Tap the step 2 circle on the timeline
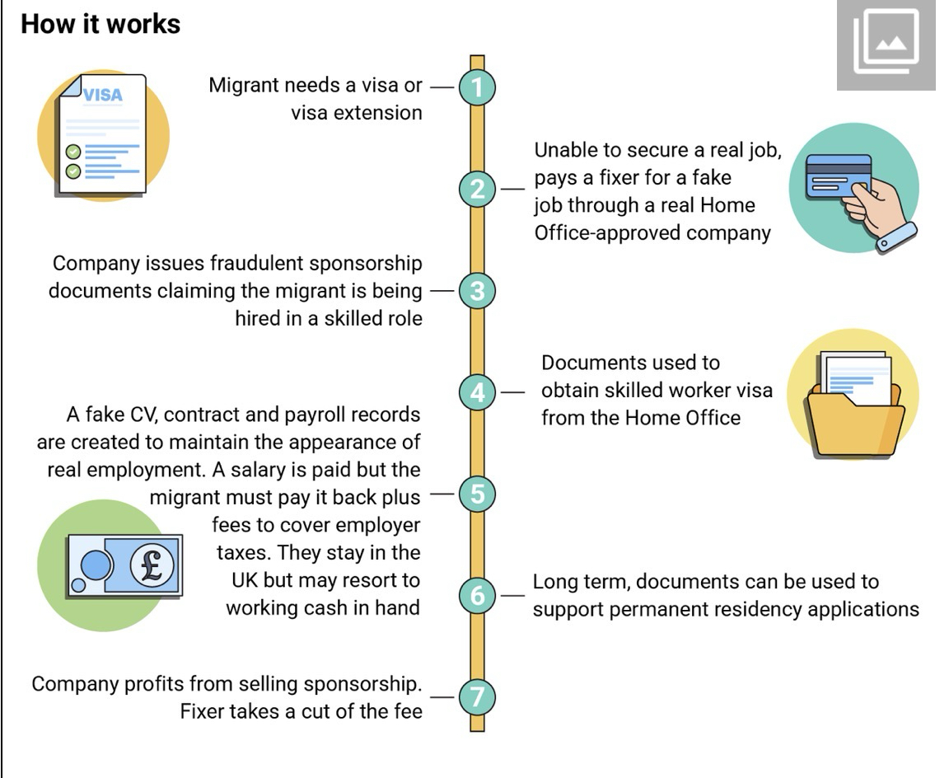coord(477,189)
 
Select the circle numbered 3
coord(477,291)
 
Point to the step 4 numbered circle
coord(477,392)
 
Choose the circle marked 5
coord(477,494)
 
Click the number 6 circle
coord(477,595)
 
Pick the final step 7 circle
coord(477,697)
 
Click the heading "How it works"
coord(101,24)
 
